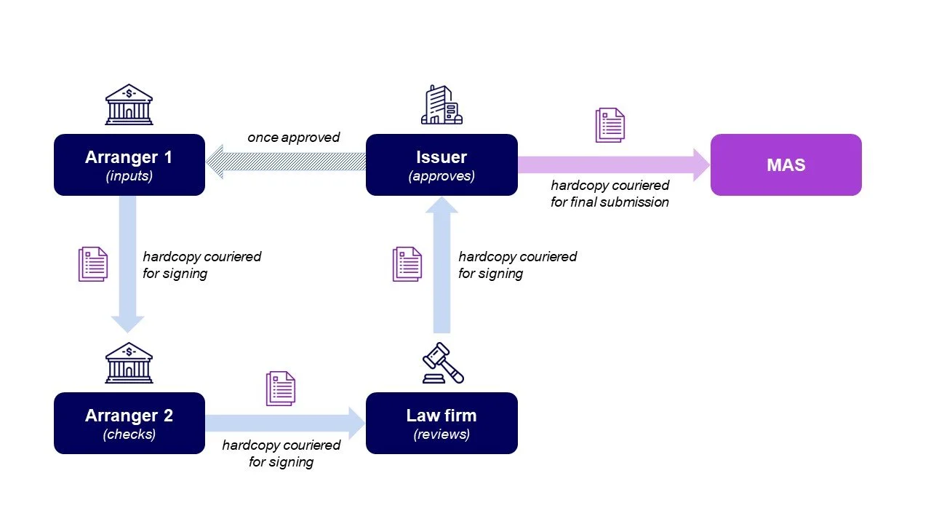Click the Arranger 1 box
[129, 164]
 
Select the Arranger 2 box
[129, 423]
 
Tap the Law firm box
[441, 423]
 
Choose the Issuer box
[441, 164]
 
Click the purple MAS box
[786, 164]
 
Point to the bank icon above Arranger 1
[129, 104]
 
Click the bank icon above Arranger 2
[129, 362]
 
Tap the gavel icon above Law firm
[443, 362]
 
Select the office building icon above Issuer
[441, 104]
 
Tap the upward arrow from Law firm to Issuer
[441, 266]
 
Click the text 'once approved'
[293, 138]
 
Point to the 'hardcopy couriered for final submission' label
[610, 194]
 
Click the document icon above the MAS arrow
[610, 124]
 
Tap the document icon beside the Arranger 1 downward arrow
[93, 264]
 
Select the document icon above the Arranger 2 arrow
[281, 388]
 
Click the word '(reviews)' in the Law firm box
[441, 434]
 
